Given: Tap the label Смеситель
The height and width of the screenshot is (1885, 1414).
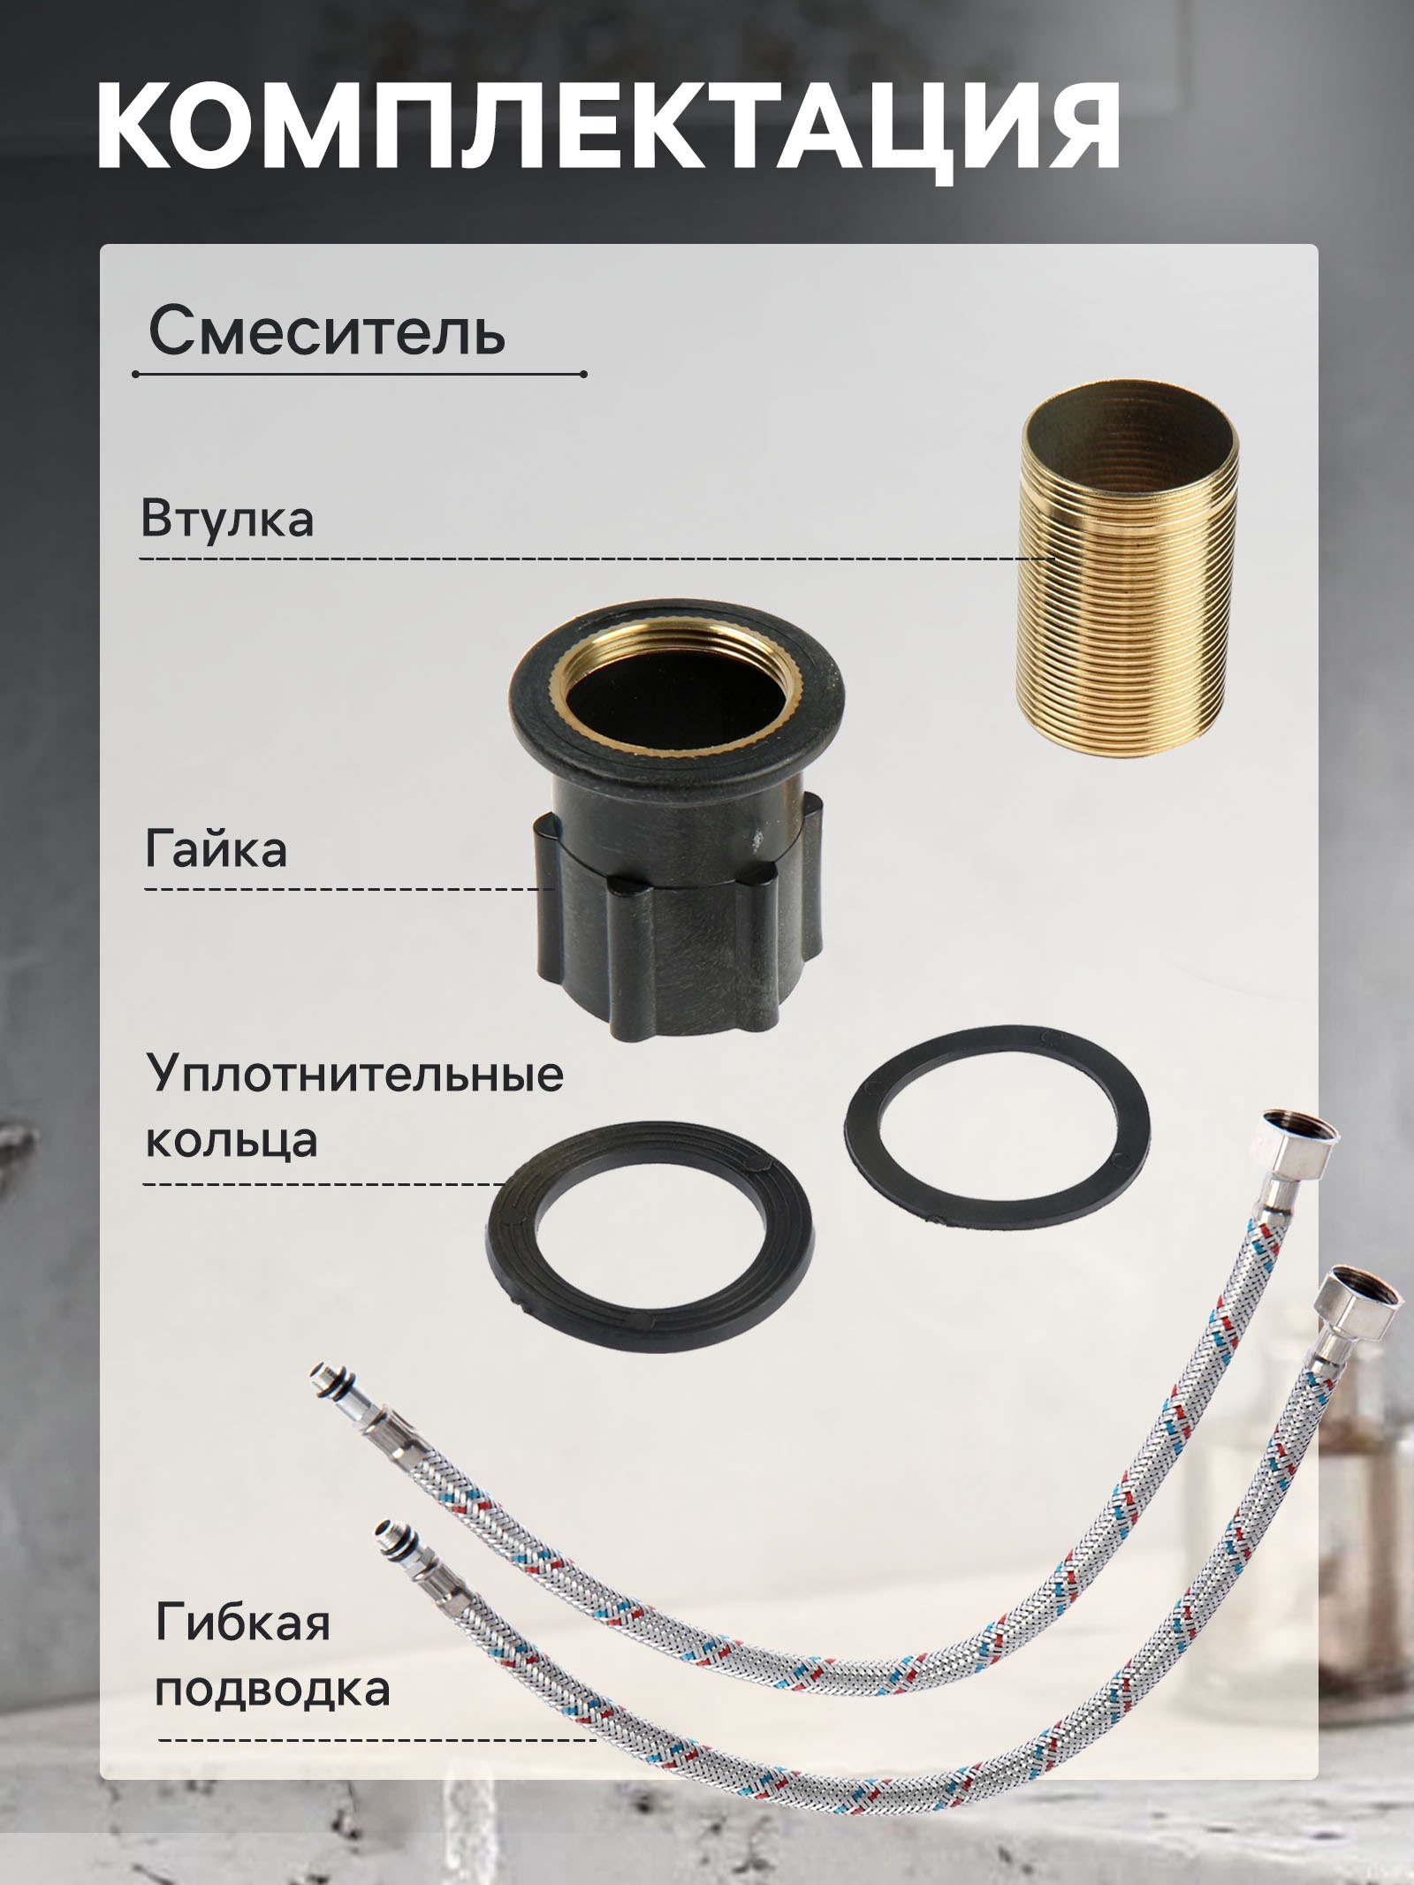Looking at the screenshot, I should tap(327, 332).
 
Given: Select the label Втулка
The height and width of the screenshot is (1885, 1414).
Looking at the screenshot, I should tap(227, 519).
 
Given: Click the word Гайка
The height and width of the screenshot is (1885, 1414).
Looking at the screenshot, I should tap(216, 850).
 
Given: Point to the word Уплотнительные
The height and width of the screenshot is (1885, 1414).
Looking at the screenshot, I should tap(354, 1075).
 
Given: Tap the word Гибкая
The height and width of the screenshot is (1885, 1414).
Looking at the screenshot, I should tap(243, 1623).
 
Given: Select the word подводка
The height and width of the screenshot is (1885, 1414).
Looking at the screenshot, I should tap(272, 1688).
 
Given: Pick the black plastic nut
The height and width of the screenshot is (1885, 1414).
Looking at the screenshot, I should tap(677, 893).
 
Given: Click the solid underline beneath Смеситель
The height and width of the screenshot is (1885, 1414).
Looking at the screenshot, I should tap(359, 375).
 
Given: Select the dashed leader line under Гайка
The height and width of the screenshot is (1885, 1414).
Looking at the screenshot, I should tap(349, 888).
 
